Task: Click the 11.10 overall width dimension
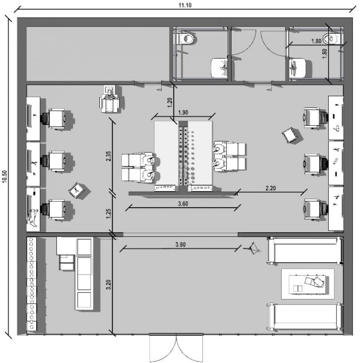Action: coord(185,5)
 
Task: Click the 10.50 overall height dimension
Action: coord(5,177)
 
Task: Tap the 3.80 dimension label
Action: coord(181,245)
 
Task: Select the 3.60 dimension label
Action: coord(183,204)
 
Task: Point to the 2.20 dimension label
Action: coord(271,188)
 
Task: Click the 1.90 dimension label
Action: coord(183,113)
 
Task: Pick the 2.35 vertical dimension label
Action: coord(108,156)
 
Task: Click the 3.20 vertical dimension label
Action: coord(108,285)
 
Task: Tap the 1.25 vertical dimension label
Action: coord(108,213)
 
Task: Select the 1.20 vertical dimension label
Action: coord(170,103)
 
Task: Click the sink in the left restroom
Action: coord(219,68)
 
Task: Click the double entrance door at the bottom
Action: coord(176,347)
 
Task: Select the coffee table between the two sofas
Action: coord(308,284)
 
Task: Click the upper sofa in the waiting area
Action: coord(305,250)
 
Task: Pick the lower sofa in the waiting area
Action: coord(305,317)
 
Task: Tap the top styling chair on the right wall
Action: coord(315,118)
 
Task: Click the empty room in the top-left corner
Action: coord(98,54)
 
